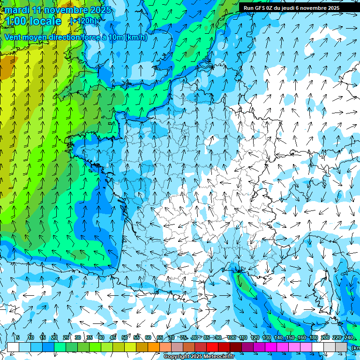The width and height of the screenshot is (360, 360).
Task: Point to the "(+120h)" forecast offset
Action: tap(83, 21)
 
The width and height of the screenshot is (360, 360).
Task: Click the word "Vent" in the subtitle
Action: tap(14, 37)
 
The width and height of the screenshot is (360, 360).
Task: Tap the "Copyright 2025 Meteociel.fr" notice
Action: tap(196, 357)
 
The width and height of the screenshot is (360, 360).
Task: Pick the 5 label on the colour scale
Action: tap(18, 337)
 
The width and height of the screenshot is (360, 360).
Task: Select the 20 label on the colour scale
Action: tap(54, 337)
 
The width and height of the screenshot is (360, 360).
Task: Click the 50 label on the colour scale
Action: tap(125, 337)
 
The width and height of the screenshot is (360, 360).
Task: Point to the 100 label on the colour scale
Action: tap(232, 337)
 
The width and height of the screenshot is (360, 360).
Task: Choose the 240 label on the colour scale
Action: tap(348, 337)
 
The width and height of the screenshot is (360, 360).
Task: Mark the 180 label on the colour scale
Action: tap(314, 337)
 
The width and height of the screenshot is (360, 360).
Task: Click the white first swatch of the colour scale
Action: tap(13, 347)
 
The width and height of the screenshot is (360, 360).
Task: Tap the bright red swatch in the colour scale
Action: tap(212, 347)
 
